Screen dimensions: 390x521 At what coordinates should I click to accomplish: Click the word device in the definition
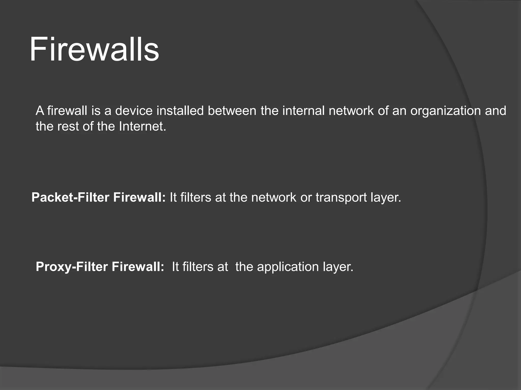pos(134,111)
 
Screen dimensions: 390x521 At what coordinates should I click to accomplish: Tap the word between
pos(232,111)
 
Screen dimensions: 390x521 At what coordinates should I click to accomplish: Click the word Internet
pos(142,126)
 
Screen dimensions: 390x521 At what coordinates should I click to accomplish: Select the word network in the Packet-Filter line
pos(274,198)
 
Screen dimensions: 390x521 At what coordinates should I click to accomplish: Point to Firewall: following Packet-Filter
pos(139,198)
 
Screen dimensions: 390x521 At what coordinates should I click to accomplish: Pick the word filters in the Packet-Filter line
pos(196,198)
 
